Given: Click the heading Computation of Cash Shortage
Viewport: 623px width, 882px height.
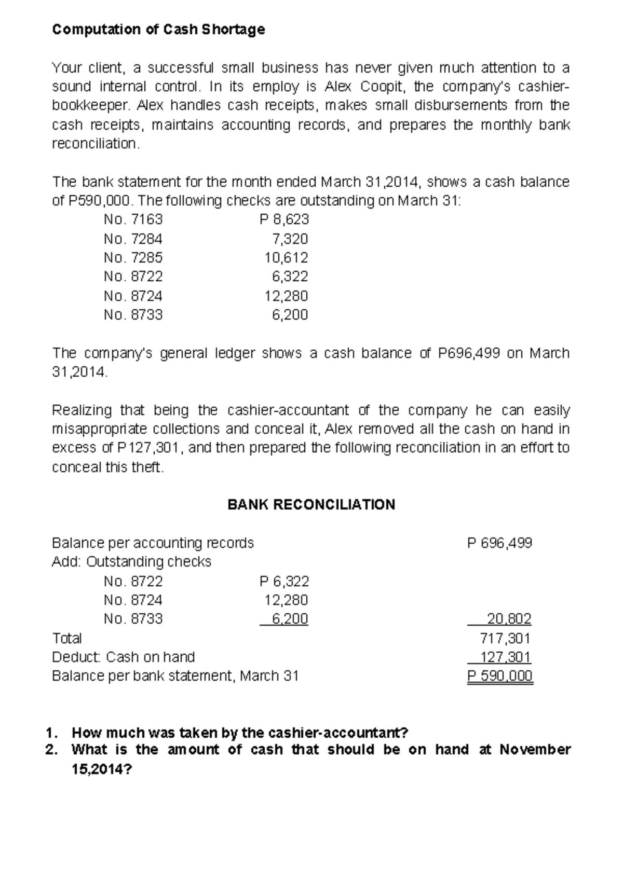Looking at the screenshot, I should coord(158,30).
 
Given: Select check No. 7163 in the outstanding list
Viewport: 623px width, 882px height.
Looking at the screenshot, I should coord(133,219).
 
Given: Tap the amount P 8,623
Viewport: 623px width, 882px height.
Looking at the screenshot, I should coord(284,219).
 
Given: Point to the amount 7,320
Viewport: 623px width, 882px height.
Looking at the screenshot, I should coord(290,239).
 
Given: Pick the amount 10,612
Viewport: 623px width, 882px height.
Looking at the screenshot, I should coord(286,257).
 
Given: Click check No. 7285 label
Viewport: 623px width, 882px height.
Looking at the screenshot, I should coord(133,257).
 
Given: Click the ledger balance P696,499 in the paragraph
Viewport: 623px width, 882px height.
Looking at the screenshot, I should coord(469,353).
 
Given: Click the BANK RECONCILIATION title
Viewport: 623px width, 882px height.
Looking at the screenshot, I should coord(311,505).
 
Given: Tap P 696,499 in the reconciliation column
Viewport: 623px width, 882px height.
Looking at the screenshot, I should coord(499,543).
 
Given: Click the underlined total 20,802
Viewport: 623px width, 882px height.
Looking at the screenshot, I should coord(508,619).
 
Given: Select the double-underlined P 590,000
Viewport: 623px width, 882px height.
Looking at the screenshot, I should coord(499,676).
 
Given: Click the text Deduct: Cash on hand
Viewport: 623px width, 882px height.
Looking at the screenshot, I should coord(123,657).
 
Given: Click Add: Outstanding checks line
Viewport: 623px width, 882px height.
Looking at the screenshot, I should coord(131,562).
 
